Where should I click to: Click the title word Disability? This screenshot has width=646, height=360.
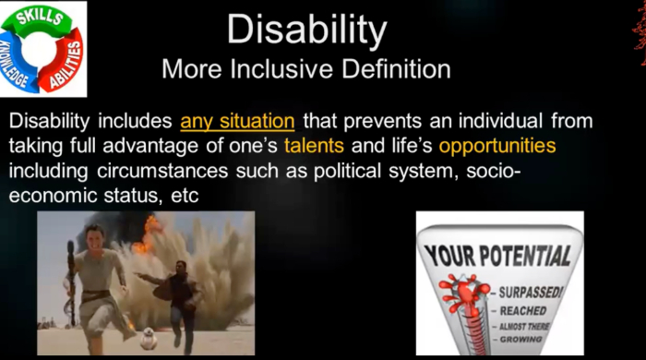tap(306, 30)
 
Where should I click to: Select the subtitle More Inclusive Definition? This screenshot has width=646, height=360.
tap(306, 69)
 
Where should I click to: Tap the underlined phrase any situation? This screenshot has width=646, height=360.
tap(237, 121)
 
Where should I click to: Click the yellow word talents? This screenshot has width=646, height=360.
tap(316, 146)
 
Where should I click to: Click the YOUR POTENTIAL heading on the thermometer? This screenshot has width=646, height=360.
tap(499, 254)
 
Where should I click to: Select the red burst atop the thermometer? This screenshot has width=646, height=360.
tap(461, 292)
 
